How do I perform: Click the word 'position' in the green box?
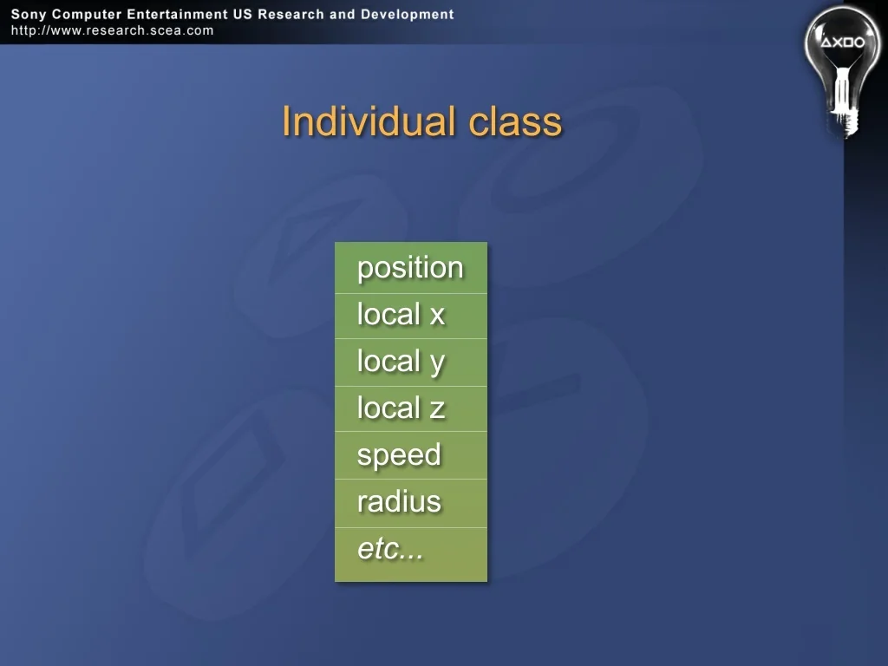(410, 268)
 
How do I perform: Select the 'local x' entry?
(401, 314)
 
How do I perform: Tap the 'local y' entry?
(401, 362)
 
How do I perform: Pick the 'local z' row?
(401, 408)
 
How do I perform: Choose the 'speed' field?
(399, 456)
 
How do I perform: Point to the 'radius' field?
(399, 502)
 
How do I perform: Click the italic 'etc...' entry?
(390, 549)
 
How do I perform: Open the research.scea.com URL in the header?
(112, 30)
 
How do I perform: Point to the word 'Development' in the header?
(408, 14)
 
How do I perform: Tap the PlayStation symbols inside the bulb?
(843, 42)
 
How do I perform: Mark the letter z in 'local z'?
(437, 410)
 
